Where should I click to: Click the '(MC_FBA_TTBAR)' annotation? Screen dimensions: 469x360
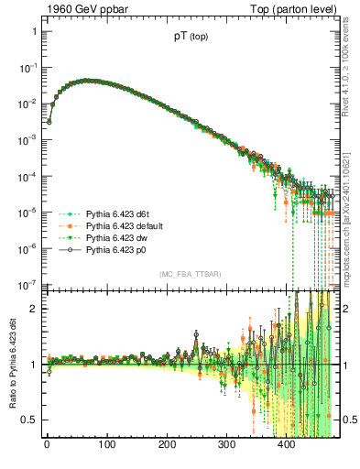click(189, 275)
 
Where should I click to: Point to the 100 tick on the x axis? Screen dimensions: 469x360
click(106, 448)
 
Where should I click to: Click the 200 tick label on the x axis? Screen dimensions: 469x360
click(167, 448)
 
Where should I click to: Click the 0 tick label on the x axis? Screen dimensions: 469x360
click(47, 448)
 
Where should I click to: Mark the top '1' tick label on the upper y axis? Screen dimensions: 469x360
click(33, 31)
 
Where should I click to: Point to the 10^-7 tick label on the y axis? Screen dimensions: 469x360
click(27, 284)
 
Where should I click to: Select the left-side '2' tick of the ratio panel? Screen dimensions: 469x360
click(33, 309)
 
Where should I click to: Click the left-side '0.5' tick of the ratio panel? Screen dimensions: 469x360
click(29, 420)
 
